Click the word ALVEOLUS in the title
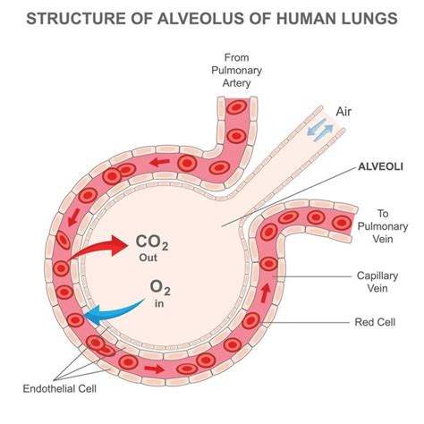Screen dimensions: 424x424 (x=200, y=19)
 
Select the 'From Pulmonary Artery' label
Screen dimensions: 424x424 (x=236, y=70)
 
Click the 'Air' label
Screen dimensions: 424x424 (x=343, y=112)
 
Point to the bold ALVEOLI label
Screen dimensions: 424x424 (x=380, y=166)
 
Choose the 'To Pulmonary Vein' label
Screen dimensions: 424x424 (x=383, y=226)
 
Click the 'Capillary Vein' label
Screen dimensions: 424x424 (x=377, y=282)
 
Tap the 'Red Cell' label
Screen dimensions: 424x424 (x=375, y=322)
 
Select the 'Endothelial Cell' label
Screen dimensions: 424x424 (x=60, y=389)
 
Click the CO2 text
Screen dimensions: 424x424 (x=152, y=242)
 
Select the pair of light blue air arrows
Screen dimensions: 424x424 (x=320, y=130)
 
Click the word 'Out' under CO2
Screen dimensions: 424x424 (x=148, y=258)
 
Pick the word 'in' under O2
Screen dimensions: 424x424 (x=159, y=303)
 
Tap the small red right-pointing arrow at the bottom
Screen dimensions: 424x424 (x=154, y=369)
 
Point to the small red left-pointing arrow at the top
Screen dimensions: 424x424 (x=159, y=162)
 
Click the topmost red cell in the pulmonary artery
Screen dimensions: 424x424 (x=236, y=107)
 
